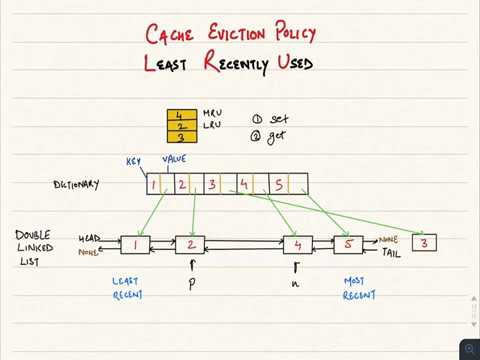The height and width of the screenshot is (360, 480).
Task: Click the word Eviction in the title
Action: click(x=232, y=35)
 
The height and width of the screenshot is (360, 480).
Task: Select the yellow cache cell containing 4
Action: click(x=179, y=115)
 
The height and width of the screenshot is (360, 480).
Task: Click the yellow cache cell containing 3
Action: click(x=179, y=138)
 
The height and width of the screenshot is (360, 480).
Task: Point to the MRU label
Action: click(x=211, y=115)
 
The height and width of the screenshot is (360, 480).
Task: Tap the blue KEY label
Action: click(x=133, y=162)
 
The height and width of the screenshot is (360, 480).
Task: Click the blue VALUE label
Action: click(x=175, y=159)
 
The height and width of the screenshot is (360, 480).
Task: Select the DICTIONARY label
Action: click(x=77, y=185)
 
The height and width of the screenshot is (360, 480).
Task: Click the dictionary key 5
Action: click(x=279, y=184)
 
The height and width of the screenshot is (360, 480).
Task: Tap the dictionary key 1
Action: click(x=153, y=184)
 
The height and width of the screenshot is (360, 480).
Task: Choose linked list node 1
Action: click(x=135, y=244)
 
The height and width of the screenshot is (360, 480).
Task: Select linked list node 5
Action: click(x=348, y=244)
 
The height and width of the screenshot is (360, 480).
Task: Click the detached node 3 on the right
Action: click(x=424, y=242)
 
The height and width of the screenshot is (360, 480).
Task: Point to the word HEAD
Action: click(x=90, y=239)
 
